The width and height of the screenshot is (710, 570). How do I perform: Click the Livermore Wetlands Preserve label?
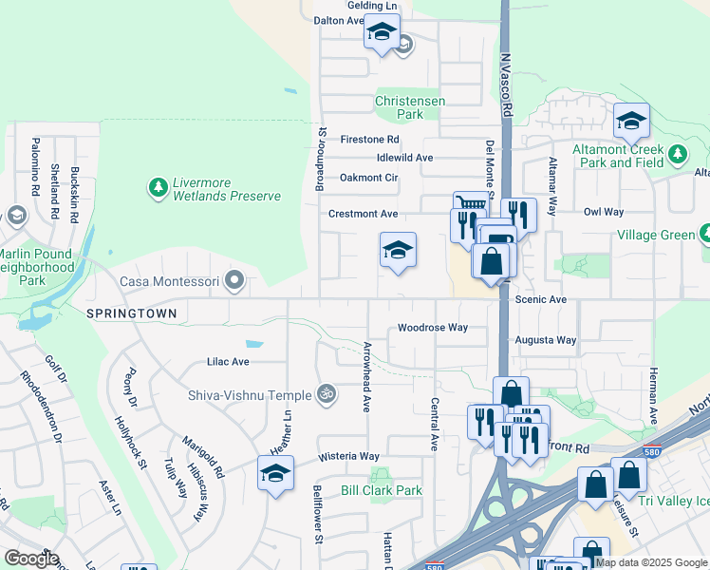(x=226, y=189)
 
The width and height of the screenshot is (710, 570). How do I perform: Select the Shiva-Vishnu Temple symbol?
(x=327, y=391)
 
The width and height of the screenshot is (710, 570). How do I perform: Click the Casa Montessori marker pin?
(x=237, y=281)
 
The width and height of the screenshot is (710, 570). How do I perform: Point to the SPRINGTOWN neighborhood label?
(x=134, y=313)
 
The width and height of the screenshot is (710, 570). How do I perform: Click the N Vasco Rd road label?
(x=507, y=83)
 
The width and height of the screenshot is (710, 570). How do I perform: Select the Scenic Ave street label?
(x=540, y=299)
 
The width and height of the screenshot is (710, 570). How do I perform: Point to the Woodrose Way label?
(x=433, y=328)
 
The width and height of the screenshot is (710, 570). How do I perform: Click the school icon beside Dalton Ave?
(x=382, y=33)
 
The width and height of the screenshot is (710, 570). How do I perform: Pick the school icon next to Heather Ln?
(x=275, y=472)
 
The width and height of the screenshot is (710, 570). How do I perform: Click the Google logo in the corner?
(x=30, y=558)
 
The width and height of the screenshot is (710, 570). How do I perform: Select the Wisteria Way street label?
(x=348, y=457)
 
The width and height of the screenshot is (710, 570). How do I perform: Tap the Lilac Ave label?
(x=228, y=362)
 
